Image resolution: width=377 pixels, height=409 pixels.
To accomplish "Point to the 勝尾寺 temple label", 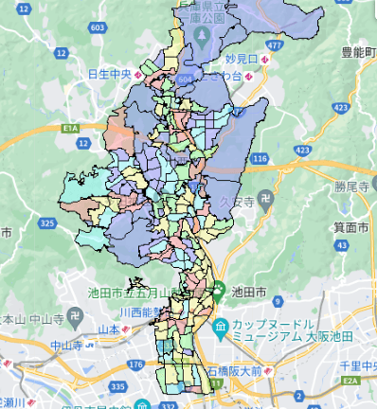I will click(x=351, y=187).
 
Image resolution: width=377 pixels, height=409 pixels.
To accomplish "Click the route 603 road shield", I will click(x=98, y=27).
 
